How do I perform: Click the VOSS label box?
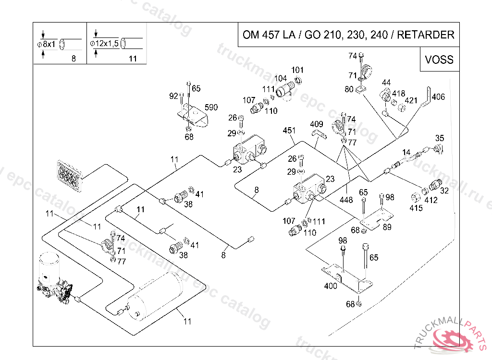click(x=440, y=59)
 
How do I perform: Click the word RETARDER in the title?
click(x=426, y=35)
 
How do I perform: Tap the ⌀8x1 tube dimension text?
click(x=46, y=44)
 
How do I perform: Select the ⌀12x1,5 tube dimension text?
click(x=104, y=43)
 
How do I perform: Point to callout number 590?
click(x=211, y=107)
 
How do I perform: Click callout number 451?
click(x=289, y=130)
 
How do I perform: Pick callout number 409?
click(x=317, y=124)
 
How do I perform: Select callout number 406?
click(x=438, y=96)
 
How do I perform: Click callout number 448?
click(x=346, y=200)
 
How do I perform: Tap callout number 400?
click(x=331, y=286)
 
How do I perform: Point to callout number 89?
click(x=387, y=227)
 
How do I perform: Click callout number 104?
click(x=281, y=78)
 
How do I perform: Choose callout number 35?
click(x=440, y=138)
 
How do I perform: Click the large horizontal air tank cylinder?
click(x=155, y=296)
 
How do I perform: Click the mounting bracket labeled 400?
click(x=347, y=278)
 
